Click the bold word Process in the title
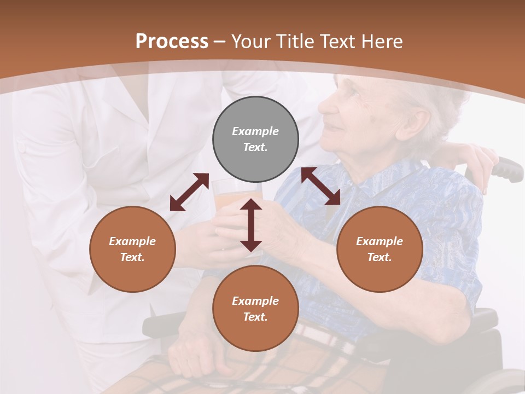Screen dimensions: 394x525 pyautogui.click(x=172, y=42)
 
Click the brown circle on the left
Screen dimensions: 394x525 pyautogui.click(x=132, y=249)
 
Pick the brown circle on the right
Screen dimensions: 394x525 pyautogui.click(x=380, y=249)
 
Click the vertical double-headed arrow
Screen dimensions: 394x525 pyautogui.click(x=251, y=225)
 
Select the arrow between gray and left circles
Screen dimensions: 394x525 pyautogui.click(x=189, y=192)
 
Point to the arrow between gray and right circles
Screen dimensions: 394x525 pyautogui.click(x=320, y=186)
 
